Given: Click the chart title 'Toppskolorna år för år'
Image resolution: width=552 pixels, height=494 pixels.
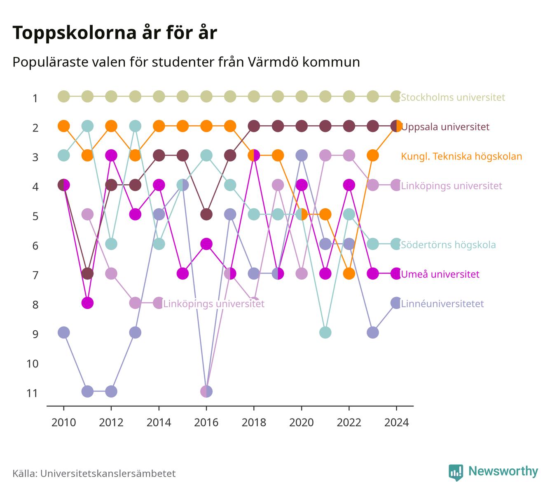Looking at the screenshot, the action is [x=115, y=33].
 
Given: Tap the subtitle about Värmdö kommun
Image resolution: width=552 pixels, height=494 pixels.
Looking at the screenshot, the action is [x=186, y=62].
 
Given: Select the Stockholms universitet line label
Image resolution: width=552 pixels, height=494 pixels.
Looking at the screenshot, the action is [x=453, y=97].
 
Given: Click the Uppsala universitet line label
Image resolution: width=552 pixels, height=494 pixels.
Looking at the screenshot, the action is [x=445, y=127].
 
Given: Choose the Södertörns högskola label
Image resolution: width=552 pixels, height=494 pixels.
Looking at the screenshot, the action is [x=448, y=245].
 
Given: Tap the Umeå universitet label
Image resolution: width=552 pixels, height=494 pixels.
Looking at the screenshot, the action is [x=440, y=274].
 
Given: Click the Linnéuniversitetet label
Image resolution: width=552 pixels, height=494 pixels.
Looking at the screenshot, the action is [x=442, y=303].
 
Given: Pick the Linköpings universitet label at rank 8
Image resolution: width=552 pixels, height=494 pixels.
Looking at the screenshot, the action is [x=214, y=303].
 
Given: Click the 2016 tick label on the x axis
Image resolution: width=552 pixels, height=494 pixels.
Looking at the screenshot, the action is [x=206, y=423].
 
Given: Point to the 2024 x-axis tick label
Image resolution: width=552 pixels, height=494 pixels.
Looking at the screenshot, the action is [x=396, y=423].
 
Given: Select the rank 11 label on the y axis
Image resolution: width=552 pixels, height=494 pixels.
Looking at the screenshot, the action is [x=32, y=393].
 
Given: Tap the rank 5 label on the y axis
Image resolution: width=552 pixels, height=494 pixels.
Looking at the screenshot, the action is [x=35, y=216].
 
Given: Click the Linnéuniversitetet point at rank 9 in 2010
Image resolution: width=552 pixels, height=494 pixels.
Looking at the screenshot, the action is [x=64, y=332].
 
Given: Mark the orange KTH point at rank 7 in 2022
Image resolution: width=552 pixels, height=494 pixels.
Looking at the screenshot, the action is [x=349, y=273].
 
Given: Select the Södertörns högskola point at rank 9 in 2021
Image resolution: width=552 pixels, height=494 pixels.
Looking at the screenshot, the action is [x=325, y=332].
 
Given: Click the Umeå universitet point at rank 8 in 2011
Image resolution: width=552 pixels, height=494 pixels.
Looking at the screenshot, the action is [x=87, y=303].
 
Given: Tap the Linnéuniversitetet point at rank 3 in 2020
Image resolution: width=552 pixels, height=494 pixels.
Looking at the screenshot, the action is [x=302, y=155].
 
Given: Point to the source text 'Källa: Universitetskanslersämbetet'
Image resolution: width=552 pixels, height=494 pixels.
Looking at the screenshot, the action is [x=94, y=473].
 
